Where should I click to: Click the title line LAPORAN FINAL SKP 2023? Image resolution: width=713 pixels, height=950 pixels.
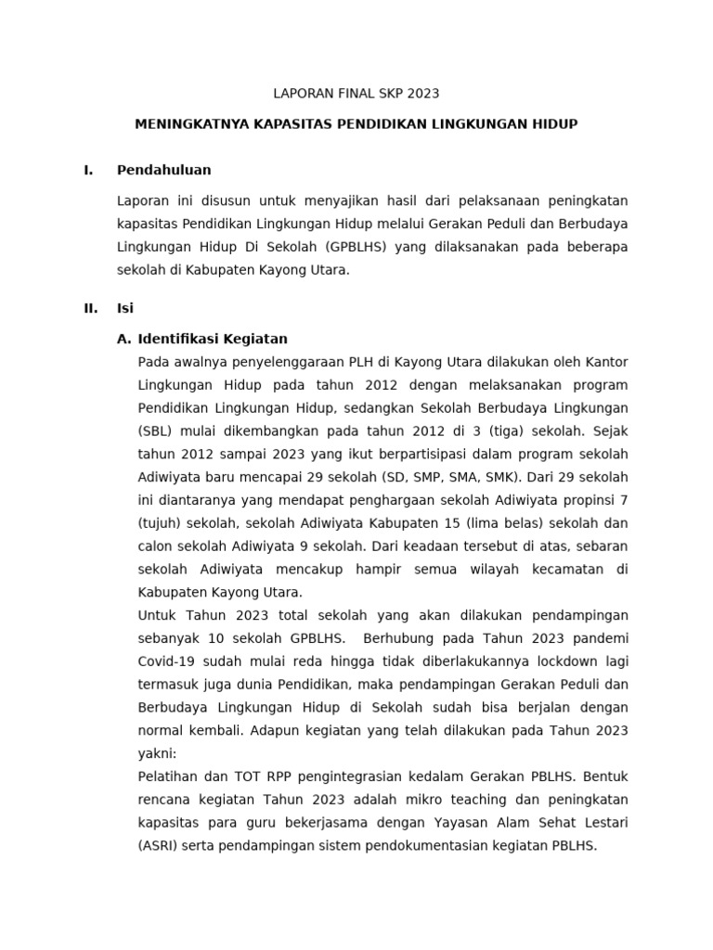[x=356, y=94]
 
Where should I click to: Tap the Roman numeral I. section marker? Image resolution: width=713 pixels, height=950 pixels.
[x=88, y=170]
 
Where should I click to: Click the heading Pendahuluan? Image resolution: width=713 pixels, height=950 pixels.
[x=164, y=170]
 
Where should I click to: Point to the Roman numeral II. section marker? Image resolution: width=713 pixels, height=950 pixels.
[x=90, y=309]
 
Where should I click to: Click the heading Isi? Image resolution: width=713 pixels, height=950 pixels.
[x=125, y=309]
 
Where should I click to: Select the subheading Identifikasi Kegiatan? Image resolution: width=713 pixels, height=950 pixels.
[x=213, y=339]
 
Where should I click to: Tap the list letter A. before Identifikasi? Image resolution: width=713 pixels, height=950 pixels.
[x=125, y=339]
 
